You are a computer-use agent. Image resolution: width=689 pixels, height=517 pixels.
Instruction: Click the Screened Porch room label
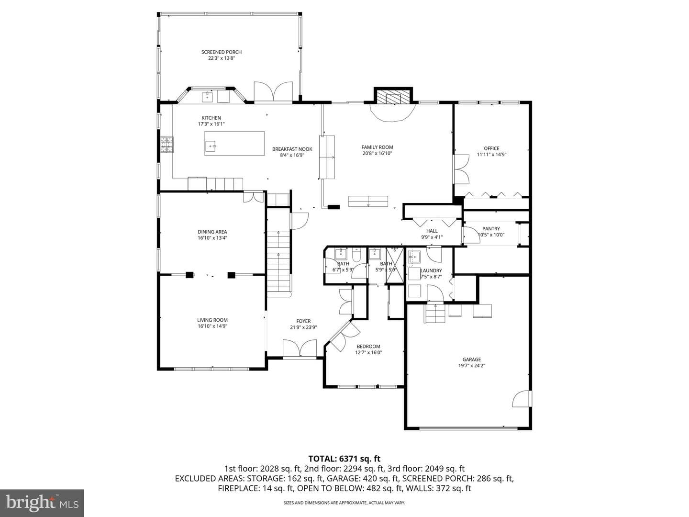(222, 52)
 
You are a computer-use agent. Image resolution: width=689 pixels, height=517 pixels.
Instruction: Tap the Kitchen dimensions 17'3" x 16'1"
(211, 124)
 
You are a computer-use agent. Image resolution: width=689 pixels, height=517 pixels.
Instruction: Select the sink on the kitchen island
(211, 146)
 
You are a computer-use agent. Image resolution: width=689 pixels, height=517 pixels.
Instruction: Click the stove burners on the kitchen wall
(167, 145)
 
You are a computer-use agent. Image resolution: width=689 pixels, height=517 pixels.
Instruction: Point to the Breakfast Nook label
(292, 149)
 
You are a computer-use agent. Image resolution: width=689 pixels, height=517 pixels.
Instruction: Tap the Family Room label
(377, 147)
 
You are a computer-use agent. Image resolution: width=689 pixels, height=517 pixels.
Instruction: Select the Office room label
(491, 148)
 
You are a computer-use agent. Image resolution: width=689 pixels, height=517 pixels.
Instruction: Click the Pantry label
(491, 228)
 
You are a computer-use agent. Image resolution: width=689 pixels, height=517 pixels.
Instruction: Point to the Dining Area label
(212, 232)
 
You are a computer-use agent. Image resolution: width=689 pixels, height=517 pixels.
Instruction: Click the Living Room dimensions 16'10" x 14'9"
(212, 326)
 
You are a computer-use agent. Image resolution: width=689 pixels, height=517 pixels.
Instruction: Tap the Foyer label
(303, 321)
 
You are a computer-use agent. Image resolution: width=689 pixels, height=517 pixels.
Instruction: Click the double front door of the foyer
(300, 349)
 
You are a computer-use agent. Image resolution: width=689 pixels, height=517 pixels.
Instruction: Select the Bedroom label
(368, 346)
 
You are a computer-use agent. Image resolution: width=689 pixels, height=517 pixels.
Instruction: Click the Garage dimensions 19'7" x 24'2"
(471, 365)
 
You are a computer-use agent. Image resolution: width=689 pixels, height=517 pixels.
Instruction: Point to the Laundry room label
(431, 270)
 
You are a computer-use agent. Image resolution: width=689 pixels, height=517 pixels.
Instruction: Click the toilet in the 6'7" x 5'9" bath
(357, 255)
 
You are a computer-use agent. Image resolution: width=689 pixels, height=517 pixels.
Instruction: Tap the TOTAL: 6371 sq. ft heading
(344, 459)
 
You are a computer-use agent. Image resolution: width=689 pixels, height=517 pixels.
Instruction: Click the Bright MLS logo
(42, 503)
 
